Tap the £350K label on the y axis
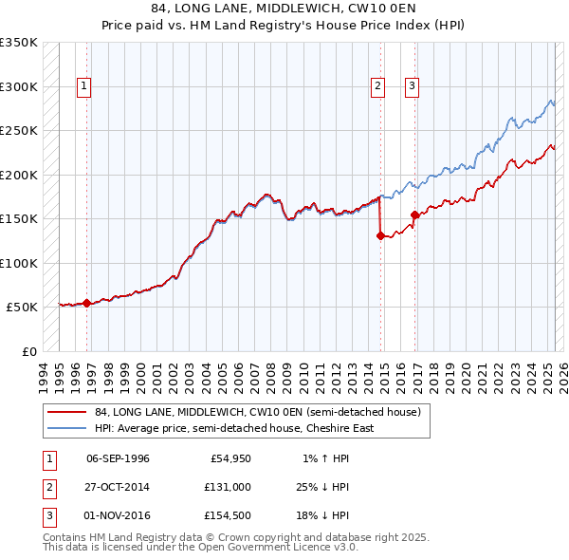click(19, 43)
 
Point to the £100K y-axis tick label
click(19, 263)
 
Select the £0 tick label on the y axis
click(29, 351)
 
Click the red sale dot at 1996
click(86, 303)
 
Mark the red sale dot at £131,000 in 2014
click(380, 236)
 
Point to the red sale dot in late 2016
click(414, 215)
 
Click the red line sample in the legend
click(67, 412)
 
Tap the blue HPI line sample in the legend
click(67, 428)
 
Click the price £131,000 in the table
click(227, 487)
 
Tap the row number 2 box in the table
click(46, 487)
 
